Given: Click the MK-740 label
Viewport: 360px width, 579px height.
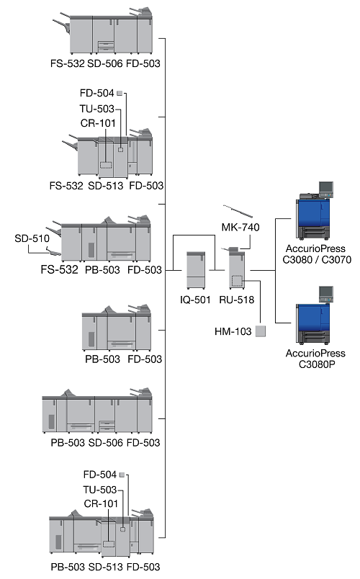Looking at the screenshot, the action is tap(240, 227).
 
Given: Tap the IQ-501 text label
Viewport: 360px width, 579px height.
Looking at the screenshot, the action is tap(195, 300).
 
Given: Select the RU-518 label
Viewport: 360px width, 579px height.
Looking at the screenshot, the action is tap(237, 300).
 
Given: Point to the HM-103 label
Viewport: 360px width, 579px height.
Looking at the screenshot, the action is tap(233, 331).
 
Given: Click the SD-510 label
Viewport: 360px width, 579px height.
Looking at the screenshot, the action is tap(32, 238).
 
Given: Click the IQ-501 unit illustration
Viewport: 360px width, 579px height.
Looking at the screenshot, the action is tap(196, 270).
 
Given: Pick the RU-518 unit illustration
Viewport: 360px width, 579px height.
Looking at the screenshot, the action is tap(237, 268).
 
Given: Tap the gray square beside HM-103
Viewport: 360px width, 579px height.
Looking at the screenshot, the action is tap(261, 331).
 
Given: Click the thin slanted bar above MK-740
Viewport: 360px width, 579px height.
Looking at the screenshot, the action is tap(238, 211).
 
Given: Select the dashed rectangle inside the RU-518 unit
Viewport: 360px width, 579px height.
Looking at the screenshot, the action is tap(237, 281).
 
